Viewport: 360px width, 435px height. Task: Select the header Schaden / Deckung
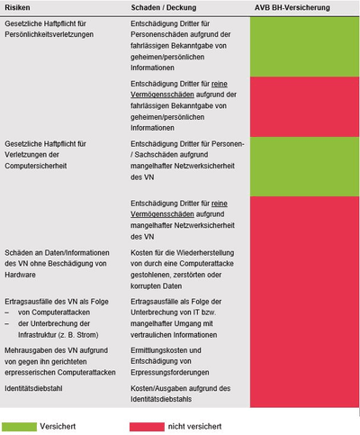point(165,8)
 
